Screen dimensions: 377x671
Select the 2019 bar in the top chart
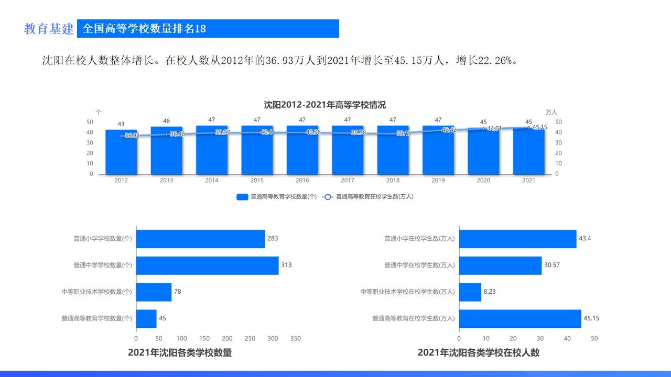coord(438,152)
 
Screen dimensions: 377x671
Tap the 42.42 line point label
coord(449,130)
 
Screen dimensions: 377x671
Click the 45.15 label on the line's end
coord(539,127)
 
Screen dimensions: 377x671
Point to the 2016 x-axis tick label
coord(302,181)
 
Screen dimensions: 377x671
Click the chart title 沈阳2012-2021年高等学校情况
coord(324,105)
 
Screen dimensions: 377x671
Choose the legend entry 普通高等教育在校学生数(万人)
coord(374,197)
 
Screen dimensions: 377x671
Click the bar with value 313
coord(207,265)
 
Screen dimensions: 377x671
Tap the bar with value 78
coord(154,292)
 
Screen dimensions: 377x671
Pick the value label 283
coord(273,239)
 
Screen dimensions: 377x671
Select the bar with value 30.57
coord(500,265)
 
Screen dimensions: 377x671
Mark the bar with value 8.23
coord(470,292)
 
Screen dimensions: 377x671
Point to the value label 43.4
coord(585,239)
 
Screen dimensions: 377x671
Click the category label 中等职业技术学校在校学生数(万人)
coord(407,292)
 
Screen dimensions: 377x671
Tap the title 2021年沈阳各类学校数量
coord(180,353)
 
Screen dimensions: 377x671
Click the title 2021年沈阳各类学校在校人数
coord(478,353)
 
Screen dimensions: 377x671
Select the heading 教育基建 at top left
coord(49,29)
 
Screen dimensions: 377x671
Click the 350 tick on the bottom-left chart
coord(296,339)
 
